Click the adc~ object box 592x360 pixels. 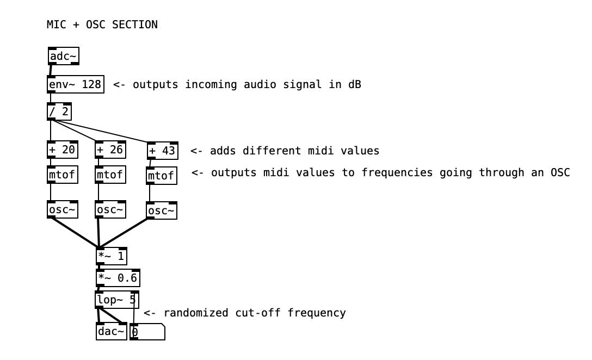[64, 56]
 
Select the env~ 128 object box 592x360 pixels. [76, 84]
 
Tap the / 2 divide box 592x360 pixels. [59, 111]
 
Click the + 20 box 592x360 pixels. [63, 150]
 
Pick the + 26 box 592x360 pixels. [110, 150]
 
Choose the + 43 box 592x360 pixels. [162, 151]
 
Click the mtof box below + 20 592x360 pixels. [63, 175]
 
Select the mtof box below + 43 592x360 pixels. [162, 176]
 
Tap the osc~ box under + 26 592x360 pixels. [110, 209]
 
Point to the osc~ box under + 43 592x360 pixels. [162, 210]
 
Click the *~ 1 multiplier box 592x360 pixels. [112, 256]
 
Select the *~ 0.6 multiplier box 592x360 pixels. [118, 278]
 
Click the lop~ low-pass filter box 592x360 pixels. [117, 300]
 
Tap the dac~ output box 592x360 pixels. [112, 331]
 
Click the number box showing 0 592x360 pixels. [147, 332]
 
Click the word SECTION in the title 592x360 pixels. [135, 24]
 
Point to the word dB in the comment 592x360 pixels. [355, 84]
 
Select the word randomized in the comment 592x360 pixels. [196, 313]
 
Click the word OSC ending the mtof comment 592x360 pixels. [560, 172]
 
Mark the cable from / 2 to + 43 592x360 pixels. [99, 131]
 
